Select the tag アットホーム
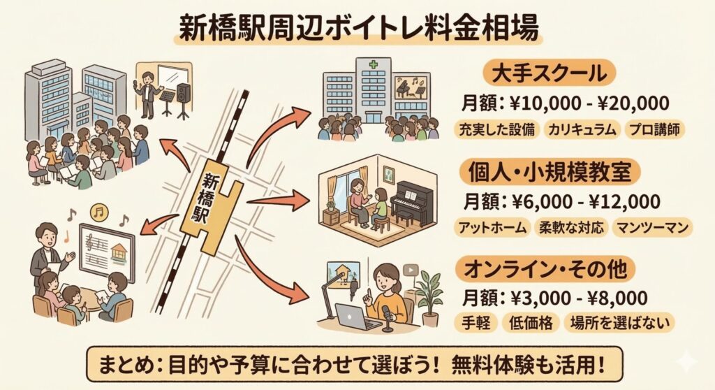pos(492,228)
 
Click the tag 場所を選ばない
pos(621,324)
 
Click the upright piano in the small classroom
pos(412,203)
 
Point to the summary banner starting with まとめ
pos(357,363)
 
